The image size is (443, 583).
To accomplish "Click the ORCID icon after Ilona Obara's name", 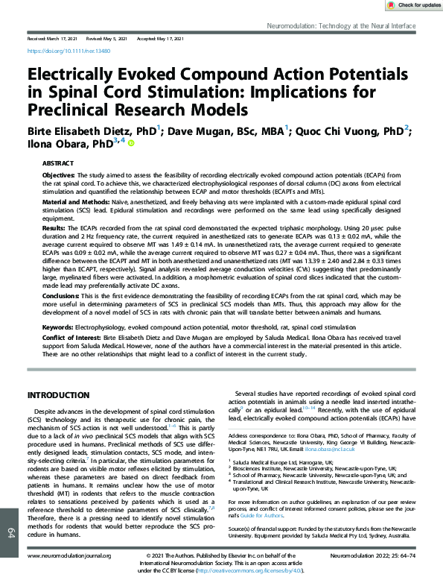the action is [132, 143].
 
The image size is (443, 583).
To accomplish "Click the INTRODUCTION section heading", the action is [59, 394].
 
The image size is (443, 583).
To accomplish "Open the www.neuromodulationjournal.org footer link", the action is [69, 556].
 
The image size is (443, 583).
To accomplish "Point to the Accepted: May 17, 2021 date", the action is [162, 37].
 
